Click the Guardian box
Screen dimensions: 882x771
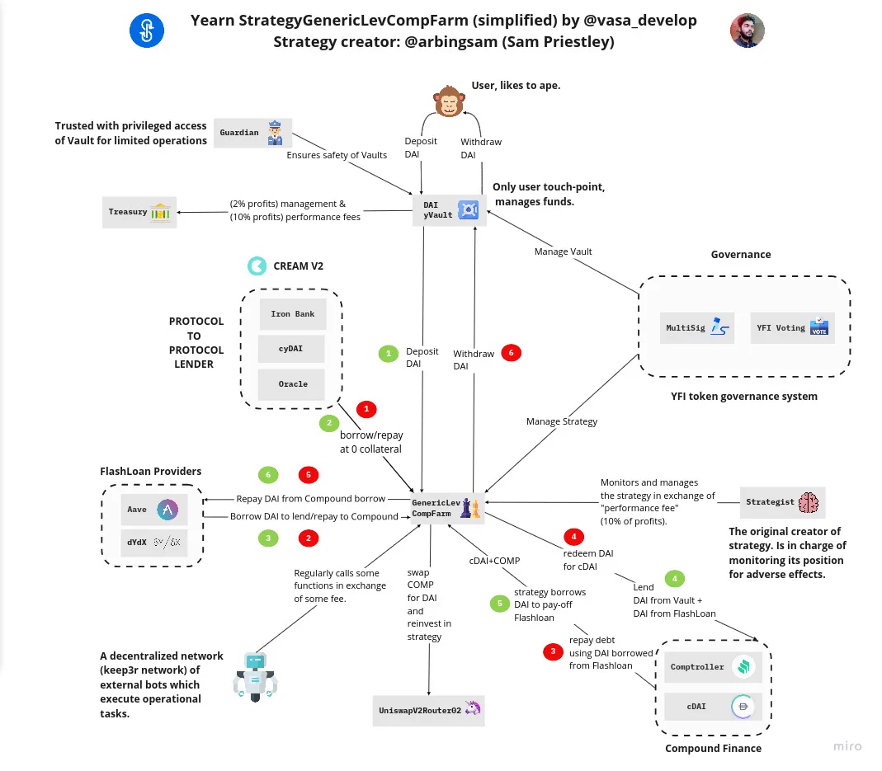tap(252, 133)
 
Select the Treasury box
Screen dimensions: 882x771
tap(139, 212)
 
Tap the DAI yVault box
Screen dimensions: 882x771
tap(450, 210)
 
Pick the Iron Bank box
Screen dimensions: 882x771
tap(293, 314)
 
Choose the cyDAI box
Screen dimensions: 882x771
tap(291, 349)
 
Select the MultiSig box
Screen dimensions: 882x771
tap(697, 328)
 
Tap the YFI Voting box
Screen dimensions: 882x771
tap(793, 328)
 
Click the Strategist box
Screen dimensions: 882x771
tap(782, 502)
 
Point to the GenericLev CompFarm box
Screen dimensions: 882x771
tap(447, 509)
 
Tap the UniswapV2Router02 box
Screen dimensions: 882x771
tap(429, 710)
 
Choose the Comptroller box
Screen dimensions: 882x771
tap(713, 667)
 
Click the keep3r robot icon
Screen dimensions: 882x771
tap(256, 677)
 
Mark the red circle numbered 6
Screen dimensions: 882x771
tap(511, 353)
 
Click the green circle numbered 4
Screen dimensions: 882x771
tap(674, 579)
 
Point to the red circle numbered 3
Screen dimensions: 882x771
tap(553, 651)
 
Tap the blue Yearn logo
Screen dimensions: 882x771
tap(147, 31)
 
